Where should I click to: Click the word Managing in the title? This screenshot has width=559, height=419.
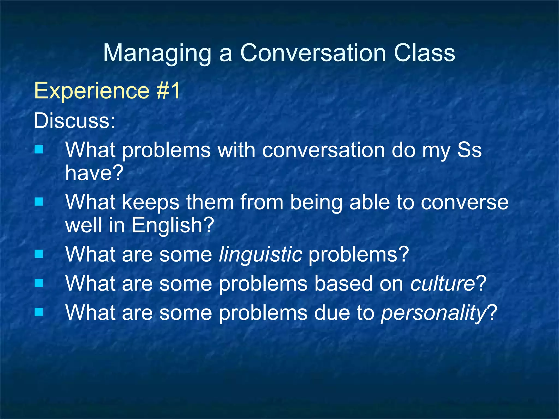coord(157,53)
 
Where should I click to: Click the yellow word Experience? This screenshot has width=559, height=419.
coord(92,91)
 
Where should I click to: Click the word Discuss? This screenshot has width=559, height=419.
coord(74,121)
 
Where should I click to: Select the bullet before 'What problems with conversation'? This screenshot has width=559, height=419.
coord(39,149)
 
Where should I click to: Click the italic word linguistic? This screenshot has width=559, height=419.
coord(260,254)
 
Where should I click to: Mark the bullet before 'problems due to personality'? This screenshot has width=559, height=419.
coord(39,312)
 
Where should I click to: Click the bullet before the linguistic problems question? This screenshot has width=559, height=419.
coord(39,254)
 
